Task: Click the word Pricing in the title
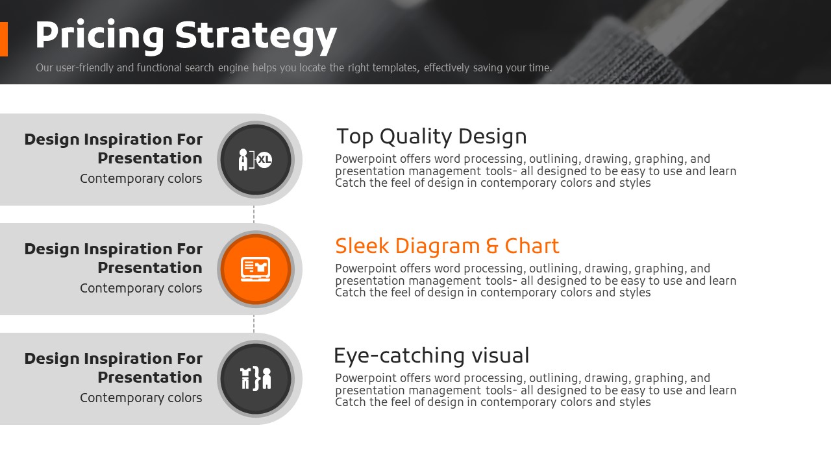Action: [x=99, y=36]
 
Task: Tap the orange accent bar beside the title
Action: [x=4, y=40]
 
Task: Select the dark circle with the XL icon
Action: [x=256, y=160]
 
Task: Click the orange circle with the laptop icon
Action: [x=256, y=269]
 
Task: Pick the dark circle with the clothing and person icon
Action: [x=256, y=379]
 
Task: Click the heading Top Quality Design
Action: [x=432, y=137]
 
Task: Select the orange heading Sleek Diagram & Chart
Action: [x=447, y=246]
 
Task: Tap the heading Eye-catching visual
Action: [x=432, y=356]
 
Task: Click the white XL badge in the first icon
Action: [x=264, y=160]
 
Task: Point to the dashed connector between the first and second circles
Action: [x=254, y=214]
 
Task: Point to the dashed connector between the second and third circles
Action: [x=254, y=324]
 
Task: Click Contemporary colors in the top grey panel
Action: [x=141, y=178]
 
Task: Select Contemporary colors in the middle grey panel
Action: [x=141, y=289]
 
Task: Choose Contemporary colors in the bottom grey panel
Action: [x=141, y=398]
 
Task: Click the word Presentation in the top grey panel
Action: [x=150, y=158]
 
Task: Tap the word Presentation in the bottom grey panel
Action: [x=150, y=377]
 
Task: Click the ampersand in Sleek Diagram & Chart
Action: [x=492, y=246]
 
